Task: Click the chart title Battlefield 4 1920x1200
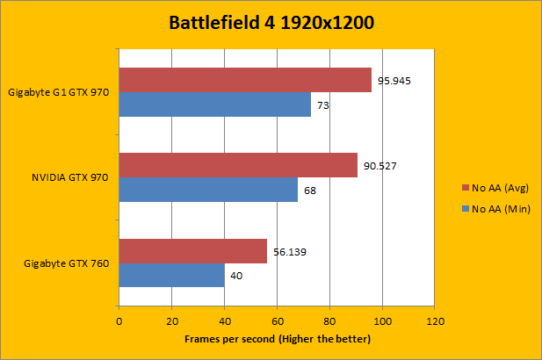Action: (x=271, y=23)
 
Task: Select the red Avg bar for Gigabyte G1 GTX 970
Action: (x=245, y=80)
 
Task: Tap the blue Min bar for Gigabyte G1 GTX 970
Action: (x=214, y=104)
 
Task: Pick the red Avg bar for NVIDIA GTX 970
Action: (x=238, y=165)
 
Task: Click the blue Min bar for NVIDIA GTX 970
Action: (x=208, y=190)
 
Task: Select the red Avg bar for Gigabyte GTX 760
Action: (x=192, y=251)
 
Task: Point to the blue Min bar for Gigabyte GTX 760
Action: (x=171, y=275)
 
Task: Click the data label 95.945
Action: (x=394, y=81)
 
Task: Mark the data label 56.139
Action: (x=290, y=251)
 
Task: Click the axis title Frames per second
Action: (x=278, y=339)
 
